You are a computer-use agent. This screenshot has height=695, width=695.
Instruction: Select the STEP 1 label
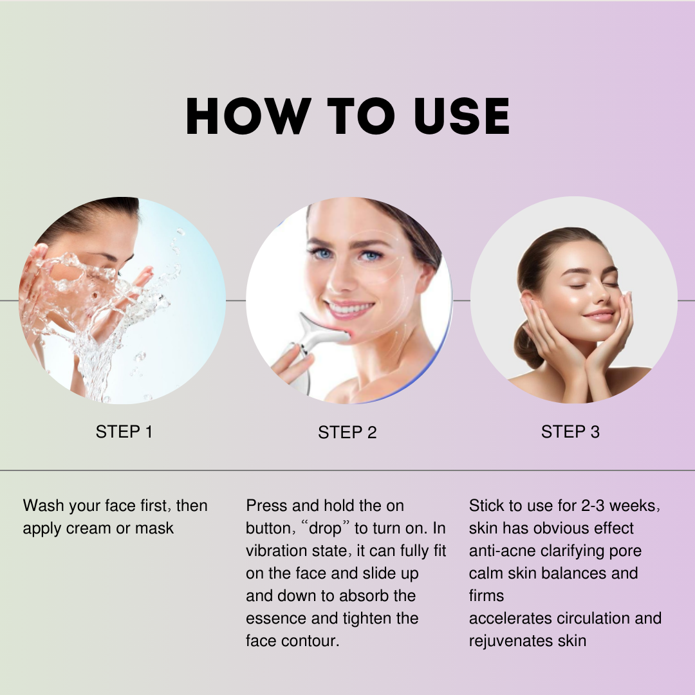click(124, 431)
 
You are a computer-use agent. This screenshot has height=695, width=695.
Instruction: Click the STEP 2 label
click(347, 432)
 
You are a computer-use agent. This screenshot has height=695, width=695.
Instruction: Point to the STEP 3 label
click(570, 431)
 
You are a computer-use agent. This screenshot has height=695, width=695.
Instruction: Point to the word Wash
click(43, 506)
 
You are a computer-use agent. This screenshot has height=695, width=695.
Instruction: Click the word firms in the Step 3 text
click(486, 596)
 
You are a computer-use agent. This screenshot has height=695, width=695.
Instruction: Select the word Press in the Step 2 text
click(267, 506)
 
